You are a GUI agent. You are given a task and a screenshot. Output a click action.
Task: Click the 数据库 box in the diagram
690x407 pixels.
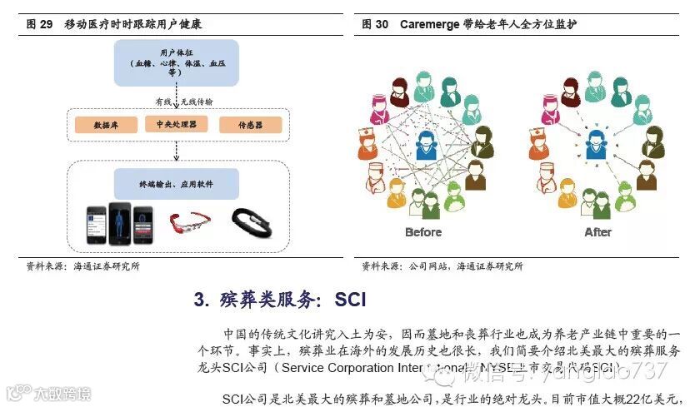pyautogui.click(x=106, y=126)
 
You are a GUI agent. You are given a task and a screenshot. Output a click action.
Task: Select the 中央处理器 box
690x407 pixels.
pyautogui.click(x=176, y=124)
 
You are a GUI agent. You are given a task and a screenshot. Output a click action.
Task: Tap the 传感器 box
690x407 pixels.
pyautogui.click(x=250, y=126)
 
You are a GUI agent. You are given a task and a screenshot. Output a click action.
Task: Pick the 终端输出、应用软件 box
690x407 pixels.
pyautogui.click(x=176, y=184)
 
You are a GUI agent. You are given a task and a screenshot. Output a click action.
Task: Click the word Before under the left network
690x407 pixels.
pyautogui.click(x=423, y=232)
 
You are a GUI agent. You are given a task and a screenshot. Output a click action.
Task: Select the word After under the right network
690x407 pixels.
pyautogui.click(x=597, y=232)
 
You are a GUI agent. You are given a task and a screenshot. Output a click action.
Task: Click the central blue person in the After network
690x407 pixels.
pyautogui.click(x=597, y=144)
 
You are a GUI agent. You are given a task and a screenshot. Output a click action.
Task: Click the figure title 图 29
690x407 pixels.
pyautogui.click(x=40, y=24)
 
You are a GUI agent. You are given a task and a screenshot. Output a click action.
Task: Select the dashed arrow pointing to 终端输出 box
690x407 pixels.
pyautogui.click(x=176, y=151)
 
